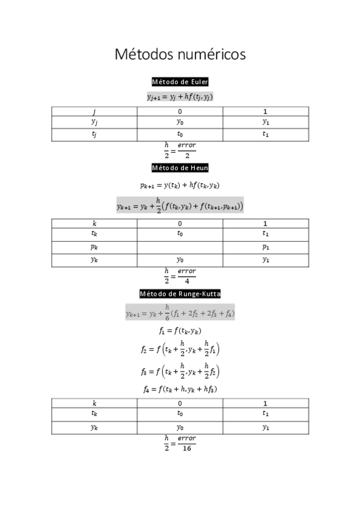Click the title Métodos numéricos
click(x=180, y=55)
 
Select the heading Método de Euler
click(x=180, y=82)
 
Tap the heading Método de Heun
click(x=180, y=168)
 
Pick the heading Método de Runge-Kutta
click(x=180, y=294)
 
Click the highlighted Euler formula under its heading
click(x=180, y=96)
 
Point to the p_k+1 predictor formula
click(x=180, y=186)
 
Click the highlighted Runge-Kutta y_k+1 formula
click(x=180, y=312)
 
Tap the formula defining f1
click(x=180, y=331)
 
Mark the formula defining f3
click(x=180, y=370)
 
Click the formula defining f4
click(x=180, y=389)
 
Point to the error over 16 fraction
click(x=180, y=443)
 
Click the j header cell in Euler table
click(x=94, y=111)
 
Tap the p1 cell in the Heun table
click(x=265, y=247)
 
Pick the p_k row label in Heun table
click(x=94, y=247)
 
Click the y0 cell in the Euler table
click(x=180, y=122)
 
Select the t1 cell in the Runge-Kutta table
click(x=265, y=414)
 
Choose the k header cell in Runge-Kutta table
click(x=94, y=403)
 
